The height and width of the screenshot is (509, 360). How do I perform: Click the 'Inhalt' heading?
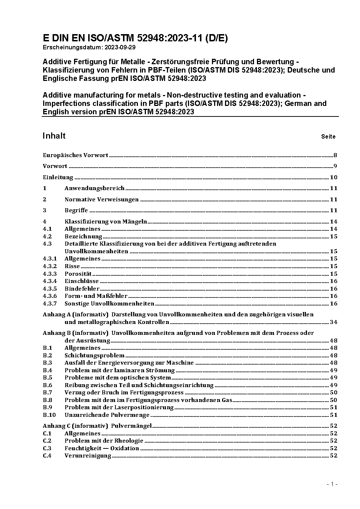coord(54,136)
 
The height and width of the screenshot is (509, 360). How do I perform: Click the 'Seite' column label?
coord(328,137)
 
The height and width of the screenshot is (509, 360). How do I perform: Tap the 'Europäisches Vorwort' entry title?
coord(75,155)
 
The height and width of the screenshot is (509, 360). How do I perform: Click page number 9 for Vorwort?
coord(335,166)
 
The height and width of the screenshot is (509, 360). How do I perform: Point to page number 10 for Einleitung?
coord(334,177)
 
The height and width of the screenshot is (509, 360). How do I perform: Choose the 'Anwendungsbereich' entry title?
coord(94,188)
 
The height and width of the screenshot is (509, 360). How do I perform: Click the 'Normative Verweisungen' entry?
coord(102,199)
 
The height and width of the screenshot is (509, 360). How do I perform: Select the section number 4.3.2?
coord(50,266)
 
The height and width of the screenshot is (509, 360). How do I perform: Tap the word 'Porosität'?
coord(78,274)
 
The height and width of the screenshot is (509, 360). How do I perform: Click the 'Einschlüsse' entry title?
coord(82,281)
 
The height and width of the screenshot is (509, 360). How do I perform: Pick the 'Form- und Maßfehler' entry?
coord(96,296)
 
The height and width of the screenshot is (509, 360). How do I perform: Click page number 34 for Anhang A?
coord(334,322)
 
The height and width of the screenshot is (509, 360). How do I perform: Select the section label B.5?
coord(48,378)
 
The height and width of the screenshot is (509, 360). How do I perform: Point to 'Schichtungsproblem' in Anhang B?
coord(94,356)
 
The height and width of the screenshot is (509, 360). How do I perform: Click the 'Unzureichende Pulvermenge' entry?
coord(107,415)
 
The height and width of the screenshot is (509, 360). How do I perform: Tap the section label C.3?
coord(47,448)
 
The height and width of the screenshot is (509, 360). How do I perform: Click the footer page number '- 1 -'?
coord(332,484)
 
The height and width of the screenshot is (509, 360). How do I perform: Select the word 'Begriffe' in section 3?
coord(76,210)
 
